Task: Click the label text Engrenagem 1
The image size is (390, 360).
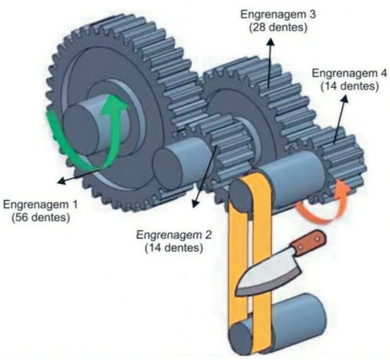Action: [40, 205]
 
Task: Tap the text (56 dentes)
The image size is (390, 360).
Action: [41, 217]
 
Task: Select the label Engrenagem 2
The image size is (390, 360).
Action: [174, 235]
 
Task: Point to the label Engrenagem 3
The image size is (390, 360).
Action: [278, 15]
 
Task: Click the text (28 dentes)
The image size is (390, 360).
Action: [278, 27]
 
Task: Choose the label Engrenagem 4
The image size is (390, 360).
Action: [349, 73]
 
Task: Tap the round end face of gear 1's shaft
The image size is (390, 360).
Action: [81, 130]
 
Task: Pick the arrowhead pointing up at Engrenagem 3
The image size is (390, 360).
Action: [271, 42]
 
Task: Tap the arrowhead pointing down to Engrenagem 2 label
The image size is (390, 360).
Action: [196, 204]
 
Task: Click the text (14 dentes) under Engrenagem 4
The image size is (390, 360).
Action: [350, 86]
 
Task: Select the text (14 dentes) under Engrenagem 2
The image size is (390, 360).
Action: [174, 248]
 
